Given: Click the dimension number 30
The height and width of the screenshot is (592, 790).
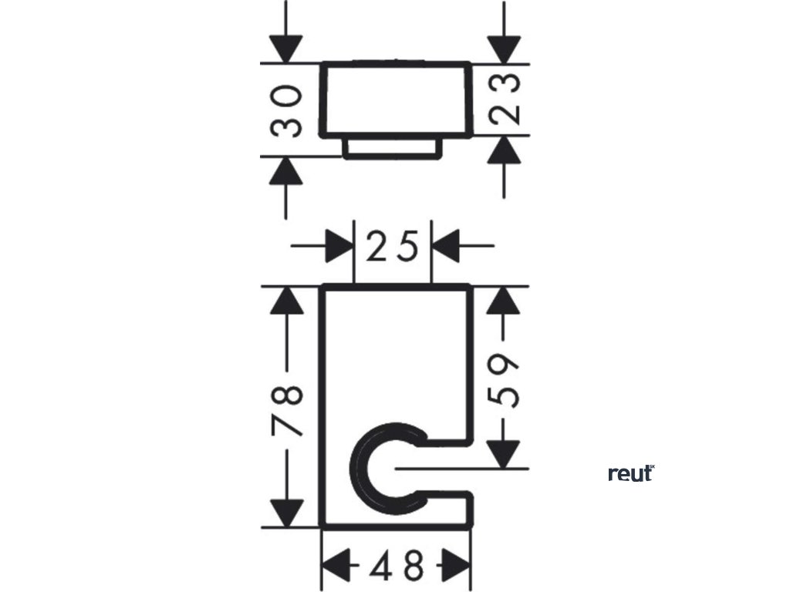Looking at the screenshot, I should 287,110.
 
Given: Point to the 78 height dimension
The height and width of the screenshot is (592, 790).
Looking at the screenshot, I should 287,409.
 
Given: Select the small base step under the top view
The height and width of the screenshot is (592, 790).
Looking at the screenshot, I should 393,149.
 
